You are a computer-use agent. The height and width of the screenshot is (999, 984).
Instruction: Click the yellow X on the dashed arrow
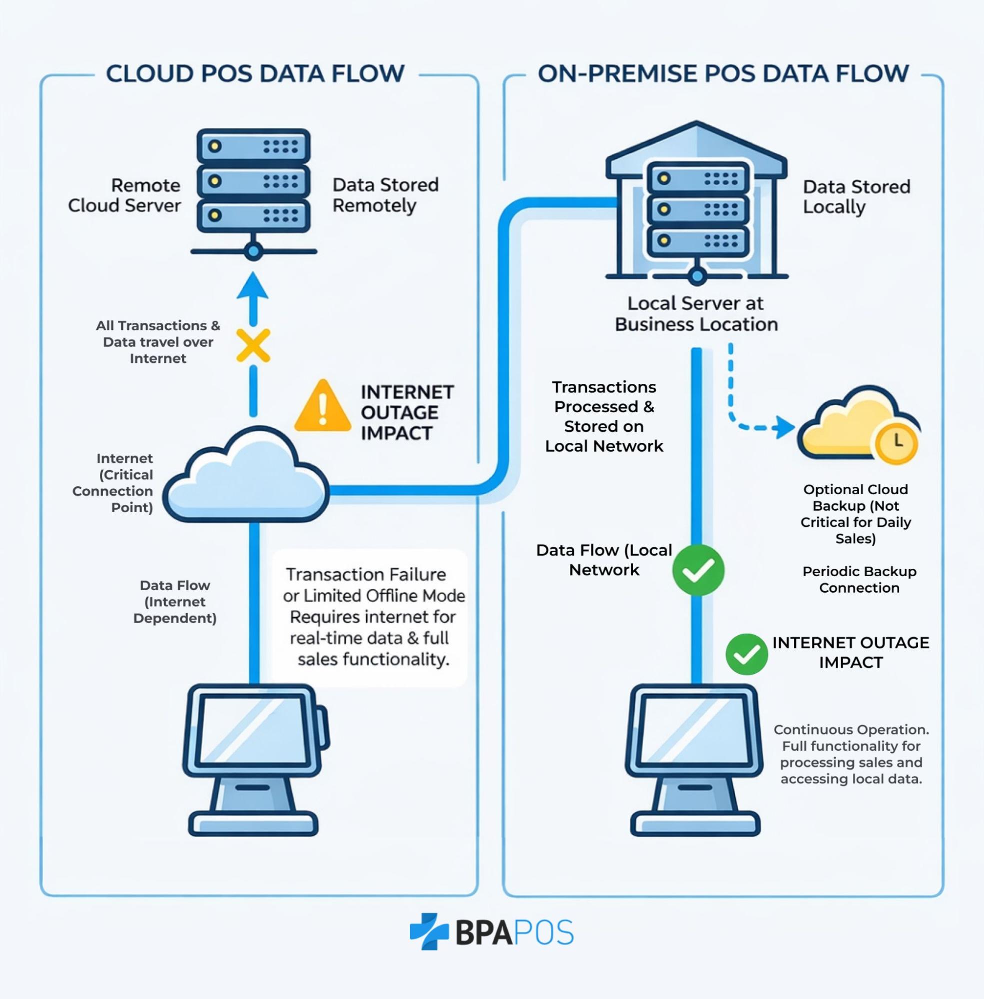[252, 345]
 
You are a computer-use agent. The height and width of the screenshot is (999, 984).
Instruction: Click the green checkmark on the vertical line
[697, 570]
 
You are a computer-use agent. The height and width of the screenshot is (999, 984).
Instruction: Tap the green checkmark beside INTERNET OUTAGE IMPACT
[746, 654]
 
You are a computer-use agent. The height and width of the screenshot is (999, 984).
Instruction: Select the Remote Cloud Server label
[124, 195]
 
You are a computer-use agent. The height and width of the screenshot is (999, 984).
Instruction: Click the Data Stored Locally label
[856, 196]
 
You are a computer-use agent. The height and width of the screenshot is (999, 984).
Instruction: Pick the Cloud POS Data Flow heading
[255, 73]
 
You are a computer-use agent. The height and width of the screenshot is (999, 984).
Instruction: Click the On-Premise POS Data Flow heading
[723, 73]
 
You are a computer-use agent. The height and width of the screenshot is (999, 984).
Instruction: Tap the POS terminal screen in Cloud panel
[252, 729]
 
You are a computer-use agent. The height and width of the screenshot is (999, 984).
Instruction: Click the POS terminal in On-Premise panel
[694, 759]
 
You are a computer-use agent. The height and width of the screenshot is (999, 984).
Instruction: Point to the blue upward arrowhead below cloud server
[252, 287]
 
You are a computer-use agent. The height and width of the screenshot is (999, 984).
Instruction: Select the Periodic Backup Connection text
[859, 579]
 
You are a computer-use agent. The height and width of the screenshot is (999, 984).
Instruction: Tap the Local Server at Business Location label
[695, 313]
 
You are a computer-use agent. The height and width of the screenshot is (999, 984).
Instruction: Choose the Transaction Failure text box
[369, 617]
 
